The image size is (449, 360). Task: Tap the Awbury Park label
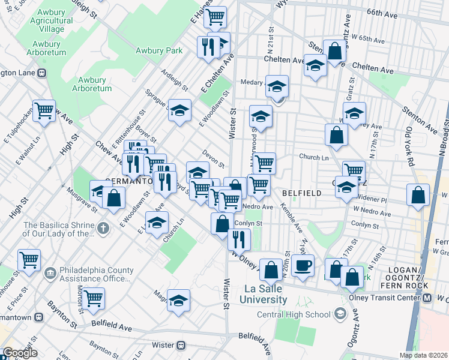[x=159, y=51]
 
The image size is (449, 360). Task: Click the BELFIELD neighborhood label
[x=299, y=193]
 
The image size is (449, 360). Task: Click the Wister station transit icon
[x=181, y=345]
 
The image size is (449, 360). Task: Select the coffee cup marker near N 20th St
[x=303, y=265]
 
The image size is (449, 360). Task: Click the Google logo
[x=20, y=353]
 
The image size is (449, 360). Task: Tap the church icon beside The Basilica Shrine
[x=103, y=228]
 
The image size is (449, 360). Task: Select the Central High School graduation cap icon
[x=341, y=314]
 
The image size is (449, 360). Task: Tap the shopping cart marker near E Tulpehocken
[x=44, y=110]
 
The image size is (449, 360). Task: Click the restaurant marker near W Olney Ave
[x=239, y=239]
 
